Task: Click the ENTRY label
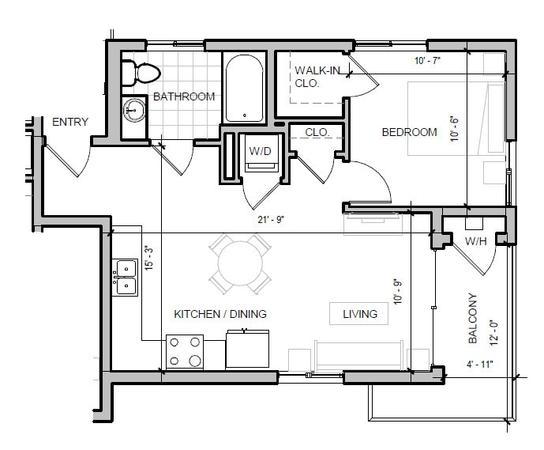coord(69,122)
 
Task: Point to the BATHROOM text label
coord(184,96)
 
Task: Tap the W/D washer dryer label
coord(261,149)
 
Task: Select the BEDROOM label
coord(409,132)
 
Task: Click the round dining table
coord(240,263)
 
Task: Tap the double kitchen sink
coord(126,277)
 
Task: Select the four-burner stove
coord(185,352)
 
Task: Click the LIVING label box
coord(359,314)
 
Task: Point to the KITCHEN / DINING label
coord(219,314)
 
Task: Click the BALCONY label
coord(473,319)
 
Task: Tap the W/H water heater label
coord(475,240)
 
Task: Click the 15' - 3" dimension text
coord(151,259)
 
